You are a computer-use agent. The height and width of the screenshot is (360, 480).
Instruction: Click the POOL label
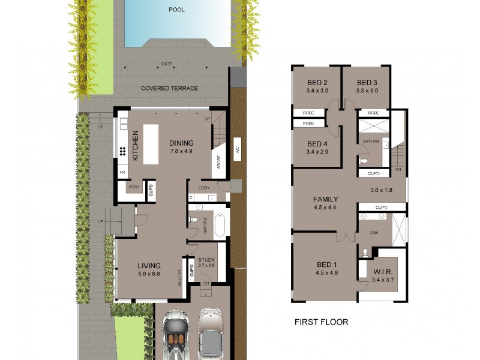[177, 10]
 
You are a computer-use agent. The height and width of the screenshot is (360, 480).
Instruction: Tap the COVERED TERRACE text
[169, 88]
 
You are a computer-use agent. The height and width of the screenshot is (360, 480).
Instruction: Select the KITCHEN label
[136, 146]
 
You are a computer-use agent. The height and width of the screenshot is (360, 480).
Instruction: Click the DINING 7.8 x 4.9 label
[181, 147]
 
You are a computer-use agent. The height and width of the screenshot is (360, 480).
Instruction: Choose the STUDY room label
[206, 262]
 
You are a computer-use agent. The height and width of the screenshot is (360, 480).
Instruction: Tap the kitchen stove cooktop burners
[122, 151]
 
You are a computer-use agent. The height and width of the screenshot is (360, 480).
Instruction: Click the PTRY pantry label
[133, 187]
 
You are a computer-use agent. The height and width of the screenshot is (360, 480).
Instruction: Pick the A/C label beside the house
[237, 151]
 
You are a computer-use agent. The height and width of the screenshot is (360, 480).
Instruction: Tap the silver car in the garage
[211, 334]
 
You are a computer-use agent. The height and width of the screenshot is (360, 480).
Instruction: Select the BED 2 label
[317, 87]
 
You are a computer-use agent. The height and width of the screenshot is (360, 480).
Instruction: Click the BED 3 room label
[367, 87]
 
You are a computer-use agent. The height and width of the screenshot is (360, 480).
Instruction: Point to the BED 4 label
[317, 148]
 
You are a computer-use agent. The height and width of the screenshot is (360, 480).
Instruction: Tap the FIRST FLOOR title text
[321, 322]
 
